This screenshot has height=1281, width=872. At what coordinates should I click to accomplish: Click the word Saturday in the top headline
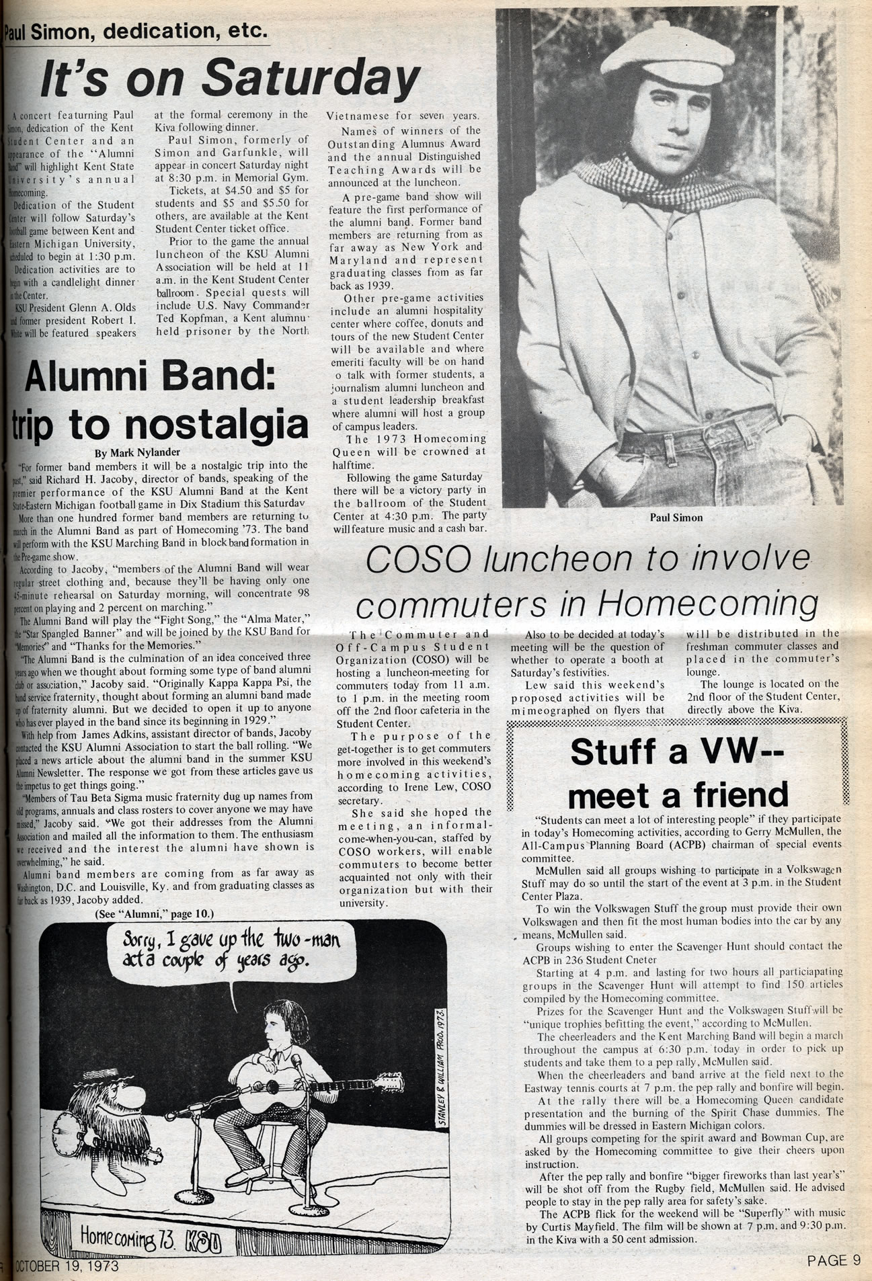310,79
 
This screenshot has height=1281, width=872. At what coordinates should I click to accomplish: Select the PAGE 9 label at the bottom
834,1260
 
